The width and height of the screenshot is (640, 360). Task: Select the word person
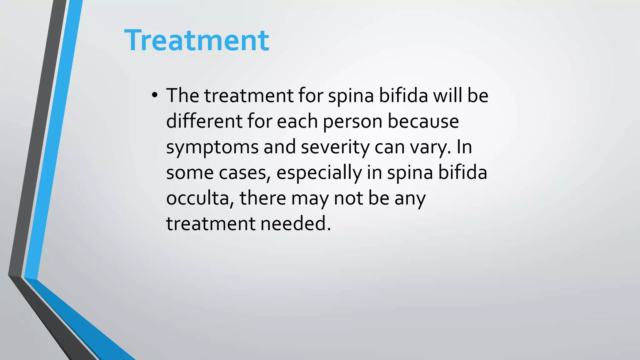[x=352, y=122]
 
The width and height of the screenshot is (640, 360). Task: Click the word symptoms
[x=212, y=147]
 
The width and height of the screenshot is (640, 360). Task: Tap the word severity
[x=335, y=147]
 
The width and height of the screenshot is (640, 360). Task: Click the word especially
[x=319, y=173]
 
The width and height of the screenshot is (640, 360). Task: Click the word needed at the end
[x=295, y=224]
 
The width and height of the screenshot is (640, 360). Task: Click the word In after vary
[x=464, y=147]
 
